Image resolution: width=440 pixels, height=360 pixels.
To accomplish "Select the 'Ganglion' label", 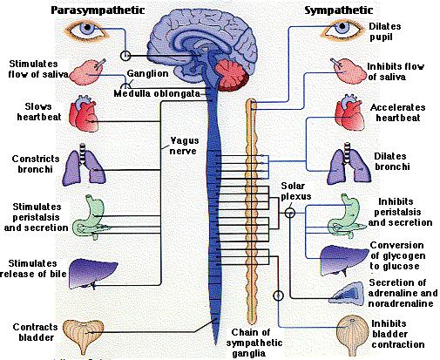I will (146, 74).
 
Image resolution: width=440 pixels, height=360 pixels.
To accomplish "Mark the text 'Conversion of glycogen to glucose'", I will (403, 255).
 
